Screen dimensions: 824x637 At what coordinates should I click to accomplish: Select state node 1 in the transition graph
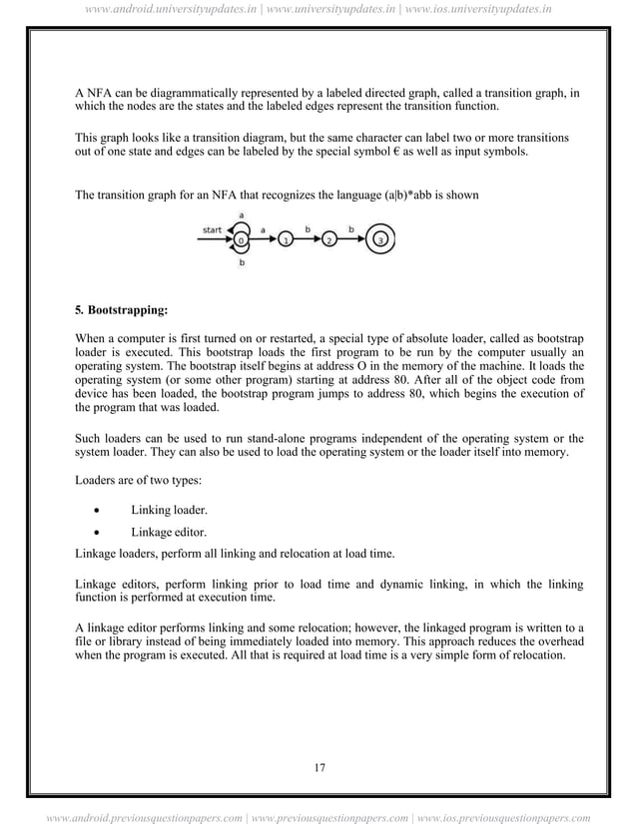(x=287, y=240)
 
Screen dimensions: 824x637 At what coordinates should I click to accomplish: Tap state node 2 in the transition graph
(x=330, y=240)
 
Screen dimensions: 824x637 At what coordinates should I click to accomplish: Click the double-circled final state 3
(x=379, y=239)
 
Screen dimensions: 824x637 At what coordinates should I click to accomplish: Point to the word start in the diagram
(x=212, y=228)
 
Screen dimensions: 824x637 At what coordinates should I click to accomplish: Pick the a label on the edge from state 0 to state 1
(x=264, y=229)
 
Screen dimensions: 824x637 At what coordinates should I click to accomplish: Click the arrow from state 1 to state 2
(x=309, y=240)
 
